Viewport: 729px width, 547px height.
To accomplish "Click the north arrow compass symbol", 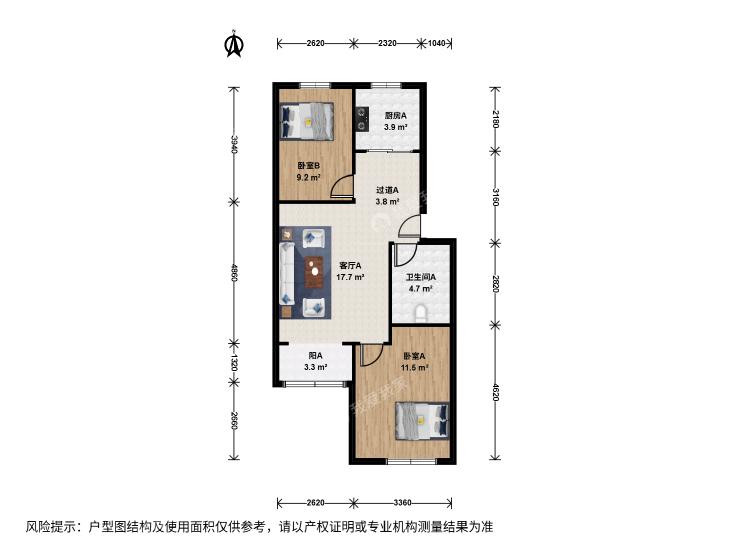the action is [x=234, y=43].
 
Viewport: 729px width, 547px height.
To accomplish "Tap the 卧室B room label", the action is [x=308, y=166].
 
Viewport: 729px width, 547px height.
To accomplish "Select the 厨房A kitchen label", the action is [x=395, y=116].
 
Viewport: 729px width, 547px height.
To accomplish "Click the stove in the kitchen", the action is [x=362, y=119].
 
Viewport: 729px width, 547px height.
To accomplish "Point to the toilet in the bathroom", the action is [x=421, y=313].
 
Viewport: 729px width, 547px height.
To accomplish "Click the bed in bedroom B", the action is [x=307, y=121].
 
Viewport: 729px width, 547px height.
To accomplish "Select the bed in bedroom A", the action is [x=422, y=421].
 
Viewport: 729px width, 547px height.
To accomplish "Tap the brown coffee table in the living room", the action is [x=315, y=272].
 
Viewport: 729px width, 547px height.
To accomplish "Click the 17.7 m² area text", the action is [x=350, y=277].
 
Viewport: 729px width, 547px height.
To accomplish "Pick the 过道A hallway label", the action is [x=387, y=190].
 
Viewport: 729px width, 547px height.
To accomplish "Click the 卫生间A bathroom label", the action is [x=421, y=277].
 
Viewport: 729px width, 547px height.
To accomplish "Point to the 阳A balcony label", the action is [x=316, y=356].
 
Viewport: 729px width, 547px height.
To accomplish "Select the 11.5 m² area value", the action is [x=414, y=368].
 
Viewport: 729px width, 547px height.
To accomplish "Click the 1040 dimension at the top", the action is [x=437, y=43].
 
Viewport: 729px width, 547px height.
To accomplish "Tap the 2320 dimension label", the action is [x=387, y=43].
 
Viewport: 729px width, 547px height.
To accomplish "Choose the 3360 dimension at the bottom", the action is [x=402, y=502].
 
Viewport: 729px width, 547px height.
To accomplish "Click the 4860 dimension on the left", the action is [x=234, y=273].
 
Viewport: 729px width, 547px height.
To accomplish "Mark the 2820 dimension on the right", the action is [x=496, y=284].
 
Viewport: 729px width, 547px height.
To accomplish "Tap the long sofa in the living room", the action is [x=287, y=273].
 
